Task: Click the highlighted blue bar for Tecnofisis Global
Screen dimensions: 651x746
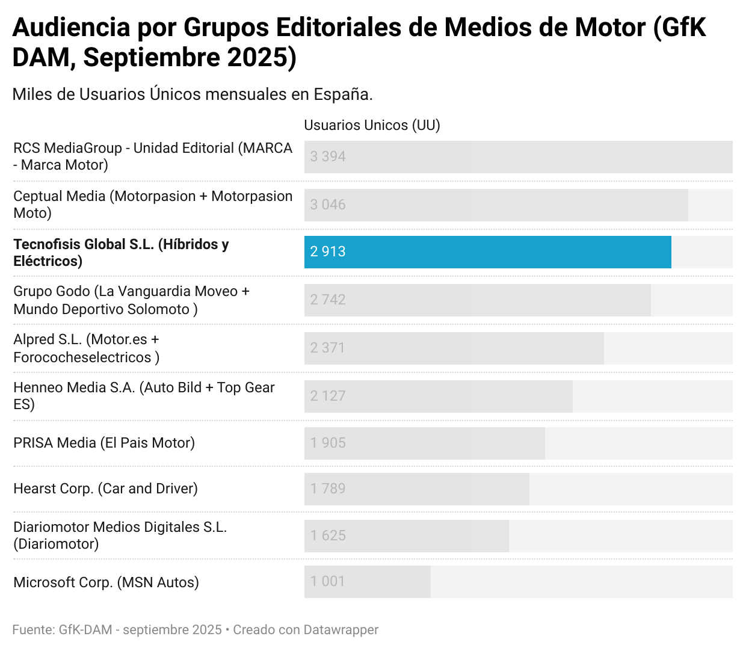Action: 487,251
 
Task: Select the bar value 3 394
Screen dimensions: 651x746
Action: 328,156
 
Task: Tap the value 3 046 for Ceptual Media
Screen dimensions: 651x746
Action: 328,205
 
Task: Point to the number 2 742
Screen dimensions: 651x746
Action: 328,300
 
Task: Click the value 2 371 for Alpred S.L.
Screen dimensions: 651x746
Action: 328,348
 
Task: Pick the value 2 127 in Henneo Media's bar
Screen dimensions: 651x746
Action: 328,396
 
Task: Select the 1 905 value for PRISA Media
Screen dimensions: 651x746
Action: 328,443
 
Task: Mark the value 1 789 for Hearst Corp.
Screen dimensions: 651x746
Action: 328,489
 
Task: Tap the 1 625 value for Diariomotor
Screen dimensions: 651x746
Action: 328,535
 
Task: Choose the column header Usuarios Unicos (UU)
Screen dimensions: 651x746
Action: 372,125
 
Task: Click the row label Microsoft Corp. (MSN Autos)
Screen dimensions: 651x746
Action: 106,582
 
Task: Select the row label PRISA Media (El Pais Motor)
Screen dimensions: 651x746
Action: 104,443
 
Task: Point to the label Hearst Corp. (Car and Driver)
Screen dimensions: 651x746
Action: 105,489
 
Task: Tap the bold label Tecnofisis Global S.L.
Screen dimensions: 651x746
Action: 121,252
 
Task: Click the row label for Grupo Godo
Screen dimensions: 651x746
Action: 131,300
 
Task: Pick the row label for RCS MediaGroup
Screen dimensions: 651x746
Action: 153,156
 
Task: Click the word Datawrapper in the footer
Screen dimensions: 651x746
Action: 341,630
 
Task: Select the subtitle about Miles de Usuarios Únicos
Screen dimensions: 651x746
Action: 193,94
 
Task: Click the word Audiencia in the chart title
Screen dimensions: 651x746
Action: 72,28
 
